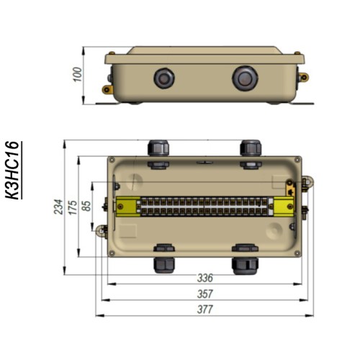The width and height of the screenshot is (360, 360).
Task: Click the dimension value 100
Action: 78,75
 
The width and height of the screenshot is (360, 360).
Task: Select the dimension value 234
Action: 58,207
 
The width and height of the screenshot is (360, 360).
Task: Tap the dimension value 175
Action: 73,207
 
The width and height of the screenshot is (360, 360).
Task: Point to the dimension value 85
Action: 86,206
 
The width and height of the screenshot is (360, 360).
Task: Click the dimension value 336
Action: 205,278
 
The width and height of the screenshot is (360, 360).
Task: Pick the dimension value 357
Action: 205,294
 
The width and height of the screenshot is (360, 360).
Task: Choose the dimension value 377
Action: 205,310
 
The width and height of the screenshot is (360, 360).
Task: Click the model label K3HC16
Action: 12,170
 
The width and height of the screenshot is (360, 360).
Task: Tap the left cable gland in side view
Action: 164,78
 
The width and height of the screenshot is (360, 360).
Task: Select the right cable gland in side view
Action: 245,78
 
